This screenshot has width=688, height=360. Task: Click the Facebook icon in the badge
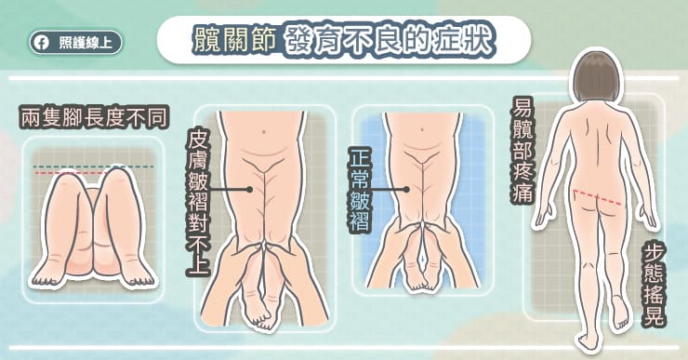click(42, 43)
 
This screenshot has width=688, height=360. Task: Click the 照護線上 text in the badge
click(86, 43)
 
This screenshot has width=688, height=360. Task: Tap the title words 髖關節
click(234, 39)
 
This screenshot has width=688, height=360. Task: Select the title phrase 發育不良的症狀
click(390, 40)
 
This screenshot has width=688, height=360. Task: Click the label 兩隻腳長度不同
click(94, 118)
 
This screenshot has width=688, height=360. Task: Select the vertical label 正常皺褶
click(360, 190)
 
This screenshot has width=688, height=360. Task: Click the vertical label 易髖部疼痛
click(522, 149)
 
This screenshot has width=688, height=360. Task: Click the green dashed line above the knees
click(93, 167)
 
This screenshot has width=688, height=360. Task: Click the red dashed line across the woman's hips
click(598, 197)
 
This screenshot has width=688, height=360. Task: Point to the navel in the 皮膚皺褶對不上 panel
click(263, 131)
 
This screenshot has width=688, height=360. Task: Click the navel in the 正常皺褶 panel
click(422, 130)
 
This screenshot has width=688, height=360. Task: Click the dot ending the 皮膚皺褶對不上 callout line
click(249, 190)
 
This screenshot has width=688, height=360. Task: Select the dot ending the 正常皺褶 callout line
click(406, 190)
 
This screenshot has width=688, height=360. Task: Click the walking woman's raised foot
click(621, 313)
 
